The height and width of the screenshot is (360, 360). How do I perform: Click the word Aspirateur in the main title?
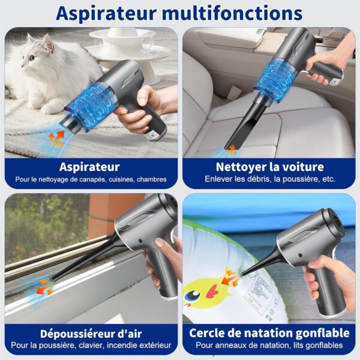[107, 14]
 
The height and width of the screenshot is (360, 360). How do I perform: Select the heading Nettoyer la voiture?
[270, 167]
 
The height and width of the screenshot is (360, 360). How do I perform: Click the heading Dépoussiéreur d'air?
[91, 334]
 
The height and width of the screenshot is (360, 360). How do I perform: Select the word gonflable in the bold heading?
[322, 334]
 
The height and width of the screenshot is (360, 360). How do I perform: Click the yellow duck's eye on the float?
[193, 295]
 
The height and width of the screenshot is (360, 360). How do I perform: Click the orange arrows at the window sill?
[44, 287]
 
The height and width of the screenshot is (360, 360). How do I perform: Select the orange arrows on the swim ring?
[230, 278]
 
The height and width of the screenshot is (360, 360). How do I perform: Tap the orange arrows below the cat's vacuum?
[56, 139]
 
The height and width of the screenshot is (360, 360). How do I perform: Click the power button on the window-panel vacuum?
[140, 241]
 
